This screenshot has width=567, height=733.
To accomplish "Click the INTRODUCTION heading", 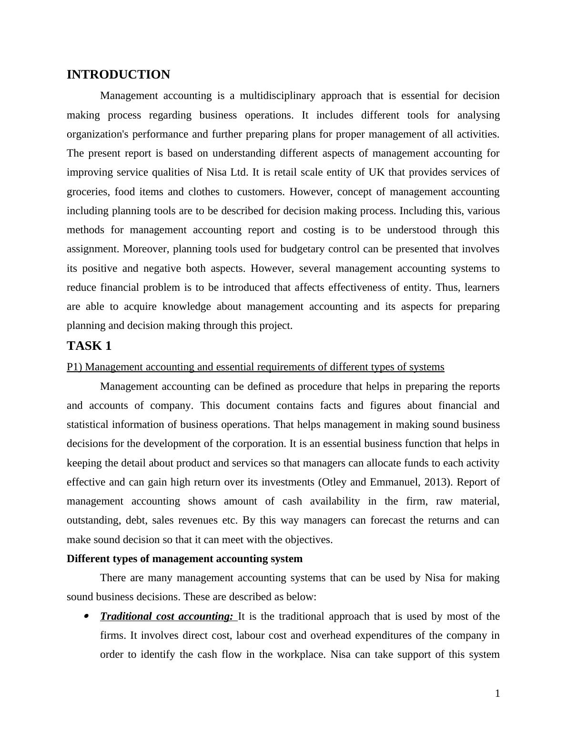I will pos(118,75).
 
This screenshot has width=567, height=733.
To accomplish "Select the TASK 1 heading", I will pos(89,346).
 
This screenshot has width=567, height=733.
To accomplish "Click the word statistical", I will pos(87,425).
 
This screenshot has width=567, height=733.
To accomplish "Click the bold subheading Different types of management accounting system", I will pos(184,559).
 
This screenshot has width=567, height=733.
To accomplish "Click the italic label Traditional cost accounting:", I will pos(167,616).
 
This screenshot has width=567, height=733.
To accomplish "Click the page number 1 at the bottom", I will pos(497,694).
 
